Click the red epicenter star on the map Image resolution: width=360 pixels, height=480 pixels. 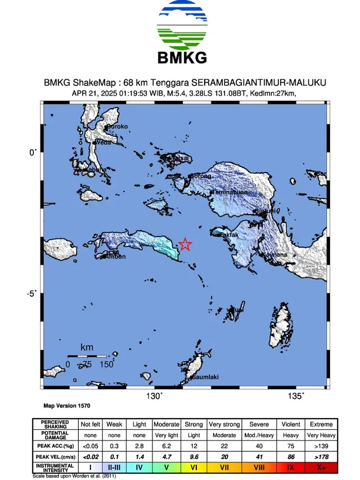coord(185,244)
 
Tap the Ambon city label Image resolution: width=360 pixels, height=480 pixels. coord(116,257)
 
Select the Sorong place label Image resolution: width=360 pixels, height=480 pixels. coord(202,176)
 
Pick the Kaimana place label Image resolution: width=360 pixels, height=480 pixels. coord(276,255)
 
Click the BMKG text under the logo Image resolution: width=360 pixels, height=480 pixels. coord(179,57)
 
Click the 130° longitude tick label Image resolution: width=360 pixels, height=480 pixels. coord(154,396)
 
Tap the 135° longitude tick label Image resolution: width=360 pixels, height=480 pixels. coord(296,396)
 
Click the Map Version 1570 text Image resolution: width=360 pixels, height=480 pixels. coord(67,405)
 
